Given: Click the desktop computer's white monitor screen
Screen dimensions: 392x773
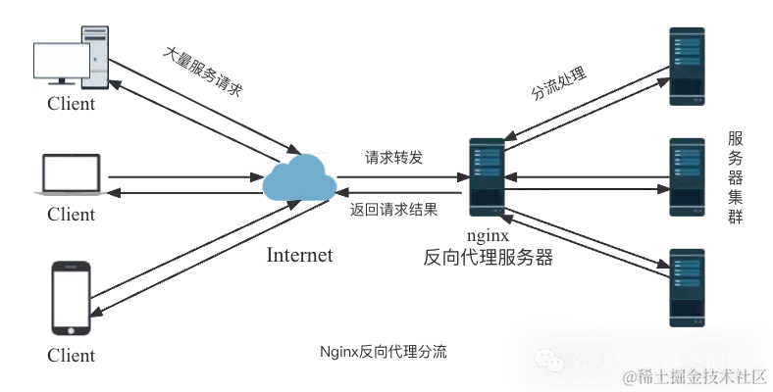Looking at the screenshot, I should coord(61,61).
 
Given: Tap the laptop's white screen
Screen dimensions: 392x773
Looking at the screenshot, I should coord(70,171).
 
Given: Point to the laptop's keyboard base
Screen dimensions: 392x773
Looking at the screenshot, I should coord(70,192).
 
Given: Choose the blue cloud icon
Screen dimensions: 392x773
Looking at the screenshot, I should coord(299,179).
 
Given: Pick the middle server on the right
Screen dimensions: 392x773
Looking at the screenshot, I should coord(687,176).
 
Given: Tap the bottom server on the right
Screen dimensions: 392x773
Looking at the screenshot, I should coord(687,284).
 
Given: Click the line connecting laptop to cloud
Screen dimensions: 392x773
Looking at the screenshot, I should coord(181,180).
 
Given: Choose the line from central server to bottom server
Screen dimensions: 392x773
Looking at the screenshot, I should coord(589,235).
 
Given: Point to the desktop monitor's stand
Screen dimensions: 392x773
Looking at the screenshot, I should coord(61,85).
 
